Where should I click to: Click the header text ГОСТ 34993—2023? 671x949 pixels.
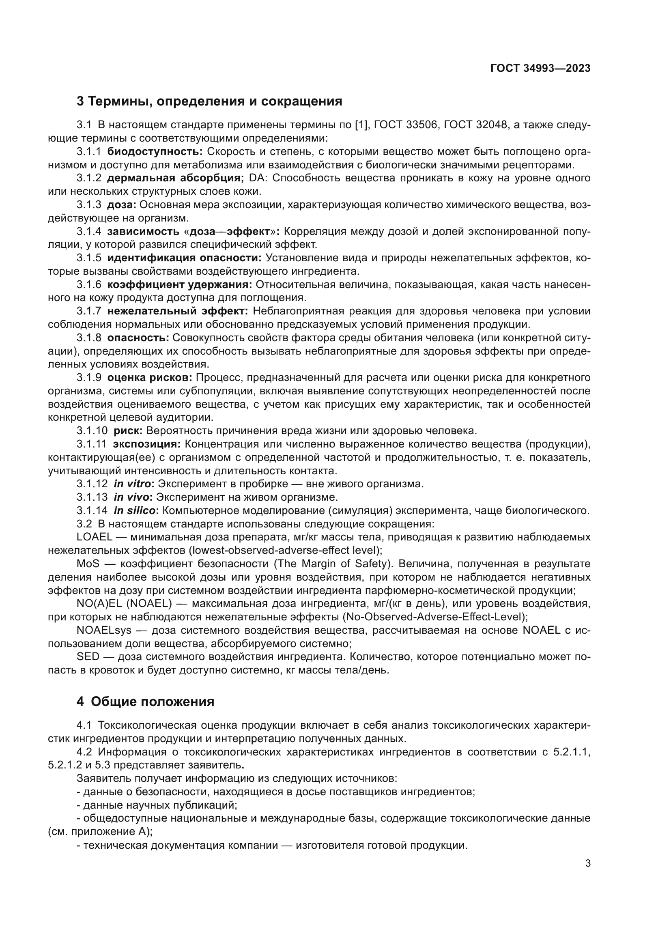(x=540, y=68)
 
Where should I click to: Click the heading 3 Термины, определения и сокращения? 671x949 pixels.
(x=209, y=101)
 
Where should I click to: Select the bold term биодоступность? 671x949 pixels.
(x=155, y=152)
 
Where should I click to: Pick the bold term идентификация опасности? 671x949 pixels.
(x=184, y=258)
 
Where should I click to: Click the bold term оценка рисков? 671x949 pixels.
(x=150, y=377)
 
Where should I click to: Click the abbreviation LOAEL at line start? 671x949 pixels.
(x=95, y=537)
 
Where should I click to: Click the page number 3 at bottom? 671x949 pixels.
(x=587, y=863)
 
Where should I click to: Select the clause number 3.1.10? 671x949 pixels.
(x=92, y=431)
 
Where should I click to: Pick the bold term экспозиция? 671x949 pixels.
(x=147, y=444)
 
